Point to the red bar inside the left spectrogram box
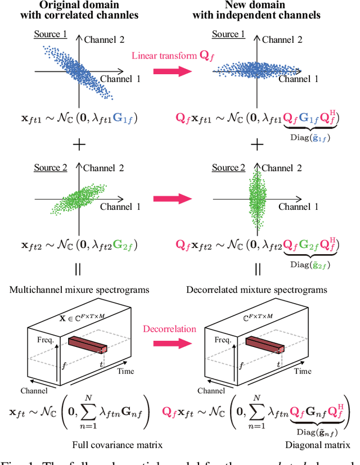pyautogui.click(x=88, y=344)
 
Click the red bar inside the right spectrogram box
pyautogui.click(x=264, y=344)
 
